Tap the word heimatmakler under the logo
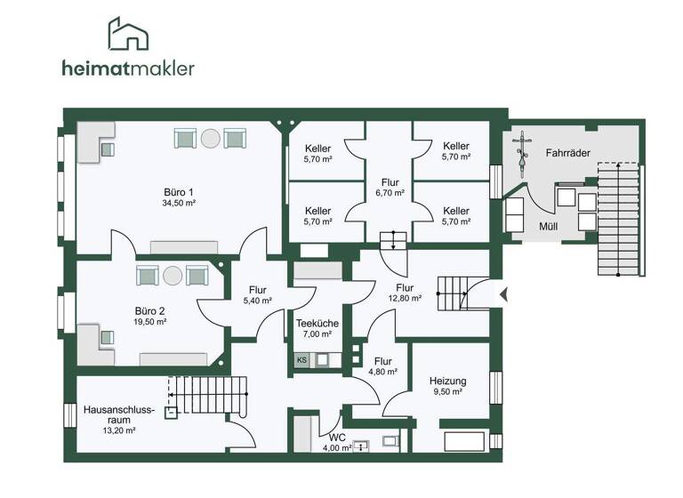pyautogui.click(x=128, y=68)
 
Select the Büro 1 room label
pyautogui.click(x=178, y=191)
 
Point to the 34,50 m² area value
pyautogui.click(x=178, y=203)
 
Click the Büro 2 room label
pyautogui.click(x=149, y=311)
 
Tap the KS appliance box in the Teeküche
pyautogui.click(x=302, y=360)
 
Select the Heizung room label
pyautogui.click(x=447, y=380)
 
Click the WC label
pyautogui.click(x=337, y=438)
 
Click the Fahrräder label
pyautogui.click(x=568, y=153)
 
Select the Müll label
pyautogui.click(x=549, y=226)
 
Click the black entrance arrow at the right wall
pyautogui.click(x=502, y=293)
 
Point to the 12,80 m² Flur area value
pyautogui.click(x=404, y=299)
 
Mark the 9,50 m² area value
pyautogui.click(x=447, y=391)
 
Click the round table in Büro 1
pyautogui.click(x=211, y=138)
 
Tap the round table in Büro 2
pyautogui.click(x=171, y=275)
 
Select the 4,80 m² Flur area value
pyautogui.click(x=383, y=372)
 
